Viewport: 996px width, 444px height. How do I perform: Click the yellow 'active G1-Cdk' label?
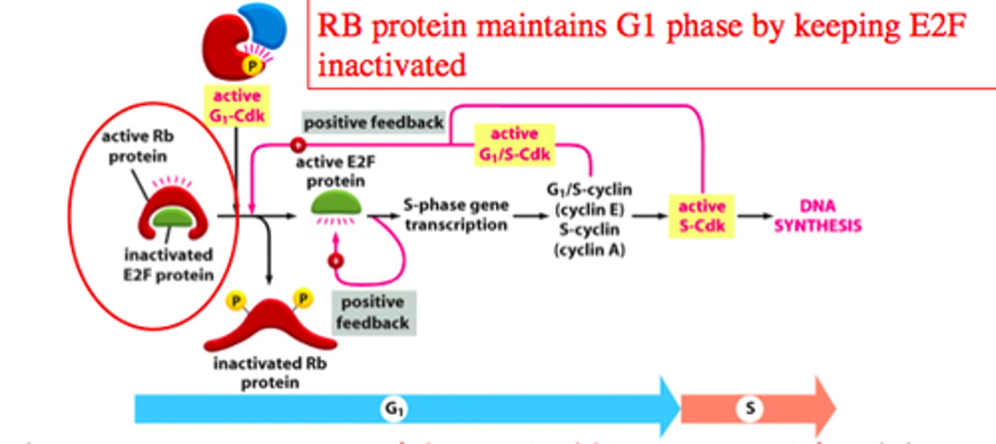click(237, 105)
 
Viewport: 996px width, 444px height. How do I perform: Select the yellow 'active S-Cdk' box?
click(701, 216)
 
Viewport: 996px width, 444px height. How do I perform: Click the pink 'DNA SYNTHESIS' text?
click(817, 216)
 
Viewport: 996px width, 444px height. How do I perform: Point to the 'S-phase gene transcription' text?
click(456, 215)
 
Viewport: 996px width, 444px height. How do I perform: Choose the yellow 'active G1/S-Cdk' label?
click(513, 144)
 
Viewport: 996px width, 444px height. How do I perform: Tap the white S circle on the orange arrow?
click(749, 409)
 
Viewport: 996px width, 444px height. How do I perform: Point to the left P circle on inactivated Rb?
click(235, 301)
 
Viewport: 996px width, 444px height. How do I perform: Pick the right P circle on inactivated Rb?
click(303, 298)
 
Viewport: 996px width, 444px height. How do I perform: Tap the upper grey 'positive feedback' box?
click(373, 122)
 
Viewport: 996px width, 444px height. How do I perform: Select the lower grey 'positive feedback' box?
click(375, 313)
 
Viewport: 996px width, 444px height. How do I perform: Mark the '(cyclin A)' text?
click(589, 250)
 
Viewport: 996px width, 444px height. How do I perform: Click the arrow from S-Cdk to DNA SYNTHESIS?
click(753, 216)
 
